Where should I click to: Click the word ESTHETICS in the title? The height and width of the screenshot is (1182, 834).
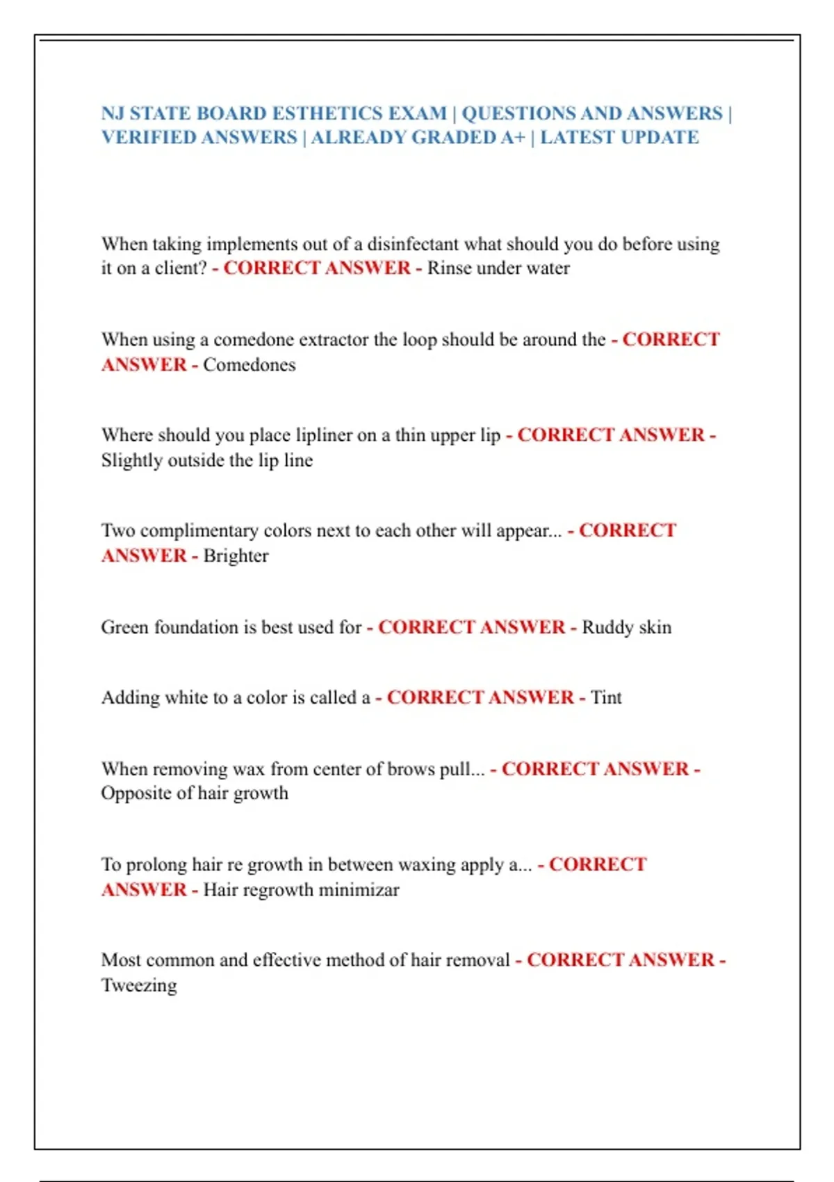(x=324, y=113)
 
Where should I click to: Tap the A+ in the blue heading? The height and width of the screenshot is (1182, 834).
(x=513, y=137)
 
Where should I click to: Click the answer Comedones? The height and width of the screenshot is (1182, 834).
(x=249, y=364)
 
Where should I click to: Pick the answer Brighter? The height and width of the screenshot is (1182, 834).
(x=236, y=556)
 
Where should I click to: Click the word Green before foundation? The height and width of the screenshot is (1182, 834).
(x=124, y=627)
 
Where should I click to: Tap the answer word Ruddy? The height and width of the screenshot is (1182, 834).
(x=607, y=627)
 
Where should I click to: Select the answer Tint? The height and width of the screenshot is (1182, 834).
(x=606, y=697)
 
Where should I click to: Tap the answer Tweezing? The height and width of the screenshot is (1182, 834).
(x=139, y=985)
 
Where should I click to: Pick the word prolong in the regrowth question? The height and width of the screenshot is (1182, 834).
(x=156, y=865)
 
